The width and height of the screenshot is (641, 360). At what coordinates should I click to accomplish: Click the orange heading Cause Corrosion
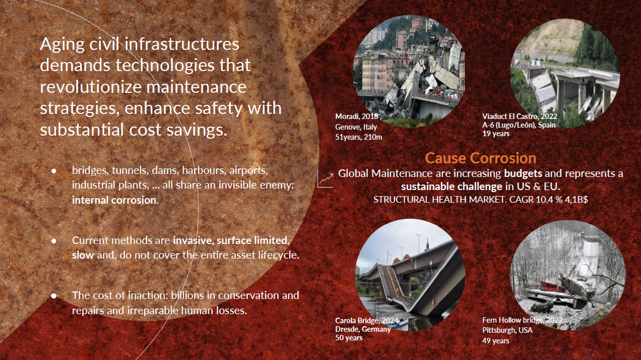(x=480, y=158)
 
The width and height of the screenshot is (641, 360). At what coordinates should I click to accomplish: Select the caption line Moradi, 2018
(x=357, y=116)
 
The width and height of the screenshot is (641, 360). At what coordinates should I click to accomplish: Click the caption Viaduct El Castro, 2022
(x=520, y=116)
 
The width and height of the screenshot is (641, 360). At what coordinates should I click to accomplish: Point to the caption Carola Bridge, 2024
(x=366, y=321)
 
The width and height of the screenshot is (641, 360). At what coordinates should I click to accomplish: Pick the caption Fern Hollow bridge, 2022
(x=522, y=320)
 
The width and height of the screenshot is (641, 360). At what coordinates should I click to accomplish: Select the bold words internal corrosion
(x=114, y=200)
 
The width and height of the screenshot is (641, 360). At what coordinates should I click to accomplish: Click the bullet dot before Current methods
(x=54, y=241)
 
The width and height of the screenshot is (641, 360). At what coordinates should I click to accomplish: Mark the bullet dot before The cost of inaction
(x=54, y=296)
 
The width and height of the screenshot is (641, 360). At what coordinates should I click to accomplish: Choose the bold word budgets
(x=523, y=173)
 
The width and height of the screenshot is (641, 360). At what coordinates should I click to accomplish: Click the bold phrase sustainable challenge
(x=452, y=187)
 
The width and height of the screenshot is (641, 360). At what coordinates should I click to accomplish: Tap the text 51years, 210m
(x=359, y=137)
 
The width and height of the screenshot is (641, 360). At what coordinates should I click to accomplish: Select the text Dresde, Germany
(x=363, y=329)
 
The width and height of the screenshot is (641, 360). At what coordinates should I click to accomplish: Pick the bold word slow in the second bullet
(x=83, y=255)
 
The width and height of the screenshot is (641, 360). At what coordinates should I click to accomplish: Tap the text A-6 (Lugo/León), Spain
(x=519, y=125)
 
